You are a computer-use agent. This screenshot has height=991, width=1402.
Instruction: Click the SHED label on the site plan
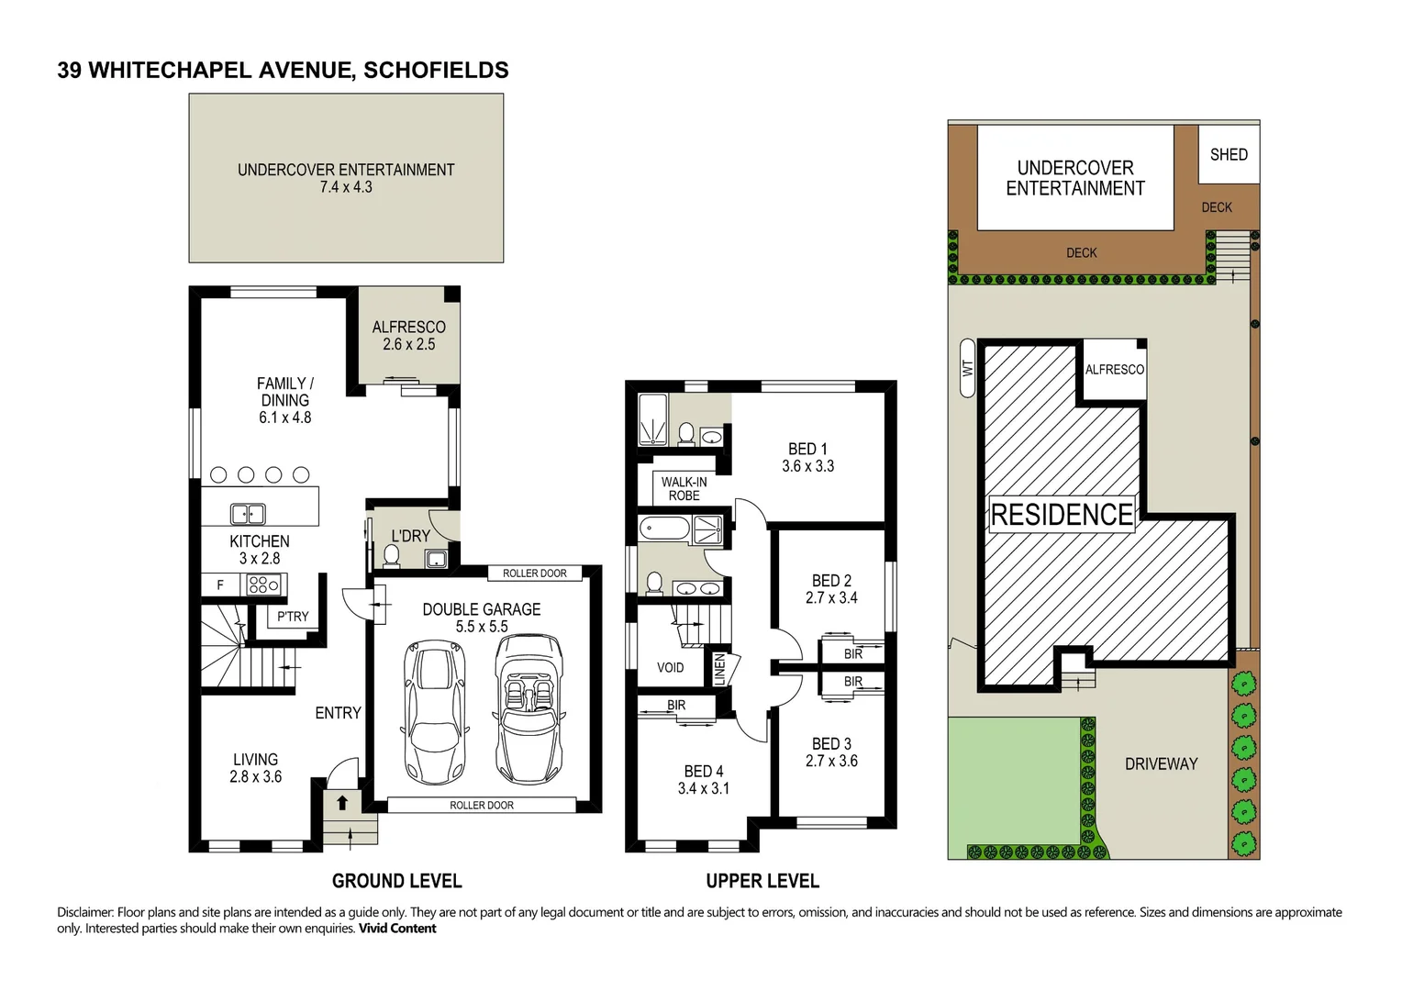point(1229,155)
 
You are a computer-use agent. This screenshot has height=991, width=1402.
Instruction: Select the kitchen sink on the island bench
point(248,514)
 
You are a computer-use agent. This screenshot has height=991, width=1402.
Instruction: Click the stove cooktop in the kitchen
point(264,584)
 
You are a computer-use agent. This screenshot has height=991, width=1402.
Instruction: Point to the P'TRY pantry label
point(293,617)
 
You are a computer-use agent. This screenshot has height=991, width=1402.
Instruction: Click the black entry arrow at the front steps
point(342,804)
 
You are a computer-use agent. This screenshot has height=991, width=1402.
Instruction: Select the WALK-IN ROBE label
point(684,488)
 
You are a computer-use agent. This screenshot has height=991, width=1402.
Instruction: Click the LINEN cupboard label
point(720,669)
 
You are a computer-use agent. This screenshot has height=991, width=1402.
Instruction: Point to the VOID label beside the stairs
point(670,667)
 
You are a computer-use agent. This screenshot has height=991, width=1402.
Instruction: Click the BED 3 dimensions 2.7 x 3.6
point(831,761)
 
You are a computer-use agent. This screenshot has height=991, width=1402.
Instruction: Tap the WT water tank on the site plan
point(966,368)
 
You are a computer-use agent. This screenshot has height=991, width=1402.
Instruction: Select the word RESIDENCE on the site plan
point(1062,515)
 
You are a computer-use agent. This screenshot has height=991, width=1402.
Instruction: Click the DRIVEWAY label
point(1161,763)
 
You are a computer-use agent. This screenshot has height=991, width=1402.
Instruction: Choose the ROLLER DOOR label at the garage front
point(482,805)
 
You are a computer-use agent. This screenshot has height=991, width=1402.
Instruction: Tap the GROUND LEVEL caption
point(396,881)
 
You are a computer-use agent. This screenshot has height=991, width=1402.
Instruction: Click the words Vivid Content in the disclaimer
point(397,929)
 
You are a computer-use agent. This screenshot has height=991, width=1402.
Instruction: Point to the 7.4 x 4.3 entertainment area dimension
point(346,187)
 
